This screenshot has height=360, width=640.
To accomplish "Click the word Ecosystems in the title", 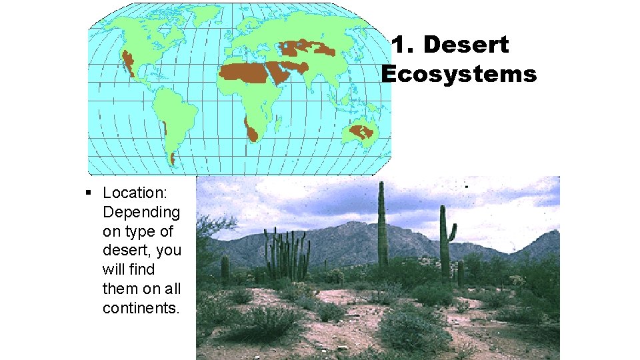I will tap(459, 74).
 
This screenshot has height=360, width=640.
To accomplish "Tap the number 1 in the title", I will tap(399, 45).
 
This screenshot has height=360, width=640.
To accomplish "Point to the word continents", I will tap(141, 308).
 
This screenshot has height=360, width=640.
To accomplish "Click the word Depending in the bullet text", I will tap(141, 213).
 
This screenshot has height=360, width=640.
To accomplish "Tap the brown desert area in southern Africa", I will tap(250, 130).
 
